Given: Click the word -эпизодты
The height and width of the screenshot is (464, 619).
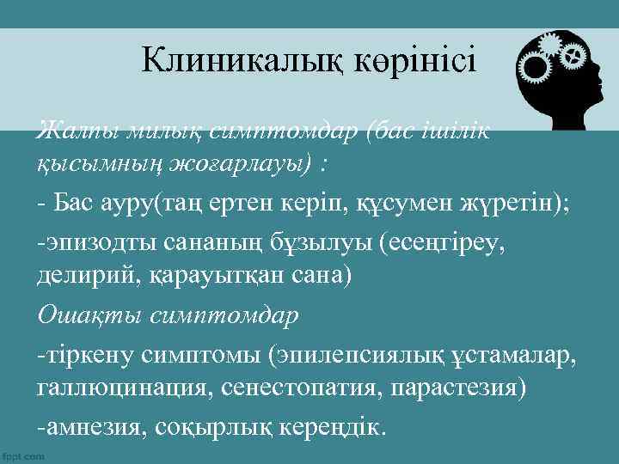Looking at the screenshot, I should coord(91,242).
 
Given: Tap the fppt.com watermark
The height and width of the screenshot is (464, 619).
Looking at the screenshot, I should coord(24,456).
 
